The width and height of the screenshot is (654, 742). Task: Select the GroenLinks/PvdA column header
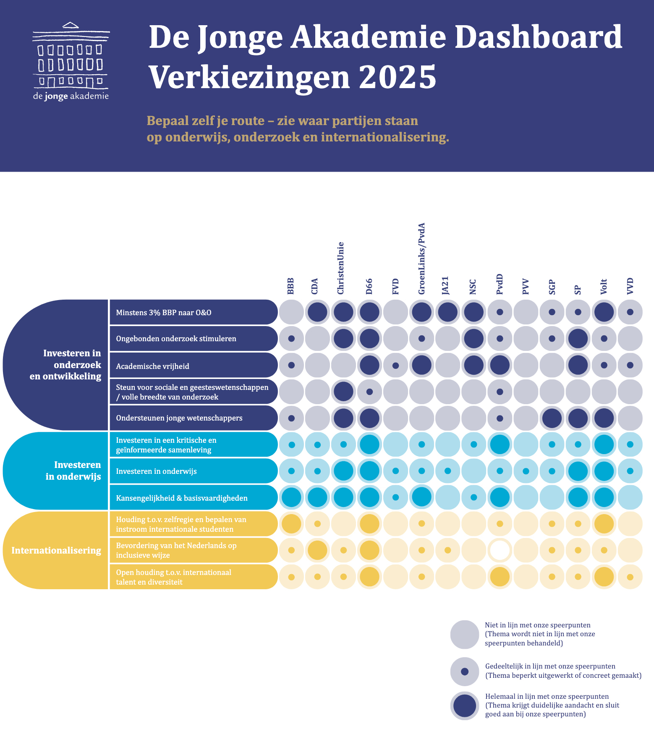(x=422, y=259)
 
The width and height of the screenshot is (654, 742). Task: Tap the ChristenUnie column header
(x=340, y=268)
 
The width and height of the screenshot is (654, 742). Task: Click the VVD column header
(x=630, y=286)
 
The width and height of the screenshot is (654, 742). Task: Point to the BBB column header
(x=291, y=286)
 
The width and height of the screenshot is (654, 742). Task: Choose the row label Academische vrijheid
(x=152, y=366)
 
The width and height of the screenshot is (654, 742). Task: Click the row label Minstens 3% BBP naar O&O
(x=163, y=312)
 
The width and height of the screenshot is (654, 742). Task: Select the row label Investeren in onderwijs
(x=156, y=471)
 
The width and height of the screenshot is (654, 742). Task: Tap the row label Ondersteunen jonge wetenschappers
(x=179, y=418)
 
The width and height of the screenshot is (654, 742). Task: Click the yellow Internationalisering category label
(x=56, y=550)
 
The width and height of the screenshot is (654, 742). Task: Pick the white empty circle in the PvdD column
(x=500, y=550)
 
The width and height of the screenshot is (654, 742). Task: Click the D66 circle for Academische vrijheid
(x=369, y=365)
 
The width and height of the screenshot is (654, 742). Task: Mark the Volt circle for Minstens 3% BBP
(x=604, y=312)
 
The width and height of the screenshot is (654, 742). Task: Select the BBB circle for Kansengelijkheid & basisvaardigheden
(x=291, y=498)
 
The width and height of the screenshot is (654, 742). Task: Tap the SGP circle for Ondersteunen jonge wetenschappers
(x=552, y=418)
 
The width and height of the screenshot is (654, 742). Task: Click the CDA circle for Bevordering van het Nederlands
(x=317, y=550)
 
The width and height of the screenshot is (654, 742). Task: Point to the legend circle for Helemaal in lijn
(x=464, y=705)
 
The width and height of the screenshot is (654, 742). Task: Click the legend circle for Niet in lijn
(x=464, y=634)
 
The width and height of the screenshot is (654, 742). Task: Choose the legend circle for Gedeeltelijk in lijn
(x=464, y=671)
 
